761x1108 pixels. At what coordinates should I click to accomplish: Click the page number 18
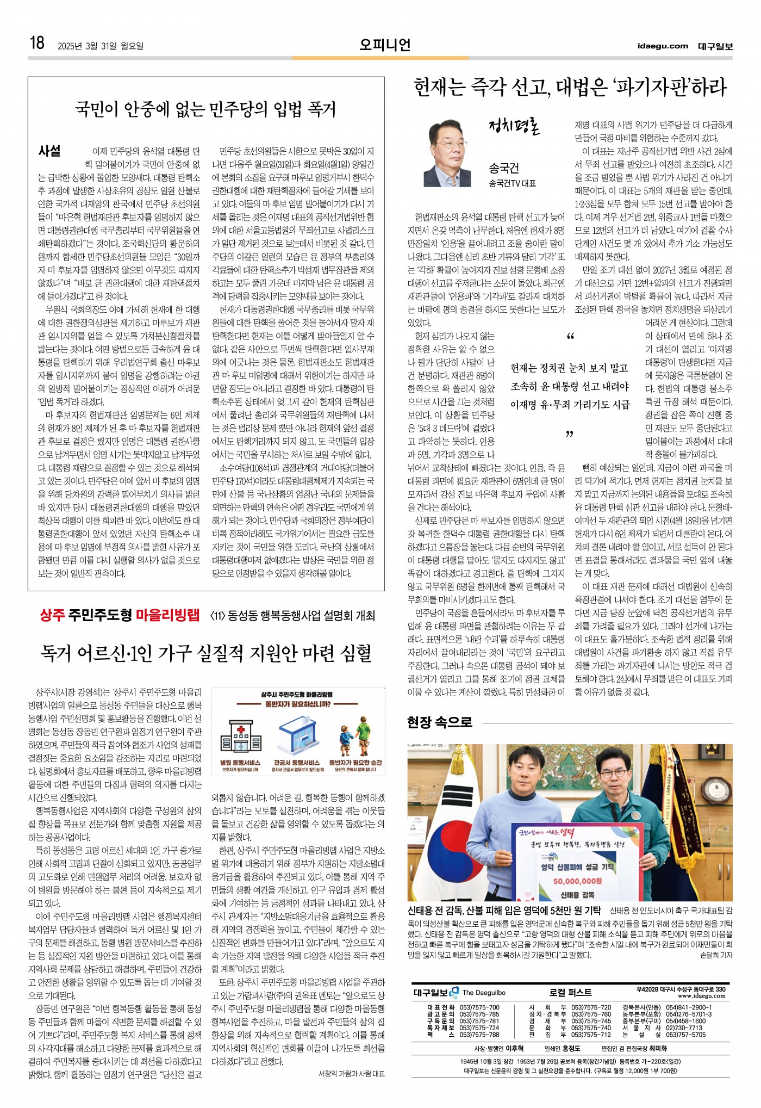[x=37, y=43]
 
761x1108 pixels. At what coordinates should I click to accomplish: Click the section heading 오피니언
[x=385, y=45]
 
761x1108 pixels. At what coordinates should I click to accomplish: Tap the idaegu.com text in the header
[x=663, y=46]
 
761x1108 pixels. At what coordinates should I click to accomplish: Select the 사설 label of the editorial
[x=49, y=151]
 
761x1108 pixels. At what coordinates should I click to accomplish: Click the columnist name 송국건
[x=504, y=168]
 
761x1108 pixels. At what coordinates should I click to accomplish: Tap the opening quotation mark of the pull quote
[x=570, y=337]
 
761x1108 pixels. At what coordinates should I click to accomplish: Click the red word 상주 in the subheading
[x=52, y=615]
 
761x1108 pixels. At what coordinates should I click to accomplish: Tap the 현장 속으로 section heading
[x=440, y=722]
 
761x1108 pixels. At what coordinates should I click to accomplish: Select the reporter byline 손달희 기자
[x=716, y=955]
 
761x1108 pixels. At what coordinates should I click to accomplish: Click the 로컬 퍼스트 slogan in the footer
[x=570, y=992]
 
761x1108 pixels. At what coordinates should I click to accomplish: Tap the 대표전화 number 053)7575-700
[x=479, y=1007]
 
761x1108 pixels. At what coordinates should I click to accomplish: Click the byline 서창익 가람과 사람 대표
[x=351, y=1074]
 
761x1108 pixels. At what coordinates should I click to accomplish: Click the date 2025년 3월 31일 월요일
[x=101, y=46]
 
